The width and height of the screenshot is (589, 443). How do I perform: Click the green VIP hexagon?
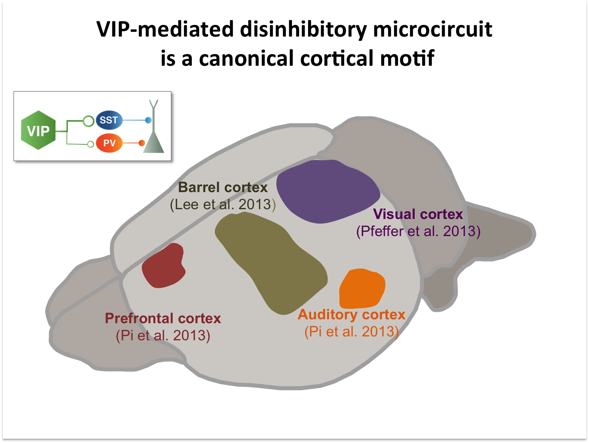(x=38, y=131)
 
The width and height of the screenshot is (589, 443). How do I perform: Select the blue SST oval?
(x=109, y=120)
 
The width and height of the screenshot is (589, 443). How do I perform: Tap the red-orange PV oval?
(x=109, y=143)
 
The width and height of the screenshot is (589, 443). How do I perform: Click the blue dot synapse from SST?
(x=148, y=120)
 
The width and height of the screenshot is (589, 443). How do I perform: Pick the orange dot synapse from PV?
(x=142, y=143)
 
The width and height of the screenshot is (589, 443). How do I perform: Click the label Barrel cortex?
(x=223, y=187)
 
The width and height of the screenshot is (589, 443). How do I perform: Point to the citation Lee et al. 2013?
(x=223, y=205)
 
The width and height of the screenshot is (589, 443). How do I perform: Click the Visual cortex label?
(x=418, y=214)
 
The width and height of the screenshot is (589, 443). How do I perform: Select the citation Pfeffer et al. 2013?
(x=418, y=231)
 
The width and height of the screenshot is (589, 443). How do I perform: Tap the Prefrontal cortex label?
(x=163, y=319)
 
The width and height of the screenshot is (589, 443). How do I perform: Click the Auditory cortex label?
(x=351, y=315)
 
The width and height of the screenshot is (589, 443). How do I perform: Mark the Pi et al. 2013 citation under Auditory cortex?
(x=351, y=332)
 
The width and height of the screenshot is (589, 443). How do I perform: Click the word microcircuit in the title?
(x=433, y=30)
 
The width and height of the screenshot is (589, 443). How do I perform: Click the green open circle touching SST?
(x=89, y=121)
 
